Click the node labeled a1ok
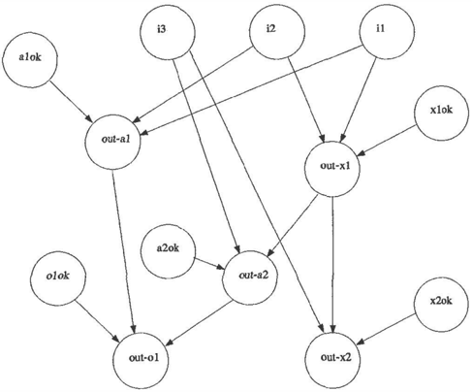click(x=30, y=60)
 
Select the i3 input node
click(x=168, y=31)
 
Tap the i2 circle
click(x=277, y=31)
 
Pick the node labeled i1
click(x=387, y=31)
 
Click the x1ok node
click(x=441, y=113)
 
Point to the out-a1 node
click(x=112, y=142)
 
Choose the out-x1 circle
click(x=332, y=169)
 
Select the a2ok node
click(x=168, y=250)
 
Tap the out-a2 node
click(x=250, y=278)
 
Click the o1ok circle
click(x=58, y=278)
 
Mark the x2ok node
click(x=441, y=305)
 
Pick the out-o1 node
click(x=141, y=360)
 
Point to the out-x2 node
click(x=332, y=360)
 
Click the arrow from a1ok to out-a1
click(x=71, y=101)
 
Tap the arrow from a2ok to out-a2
click(x=208, y=264)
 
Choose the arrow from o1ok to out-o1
click(x=97, y=320)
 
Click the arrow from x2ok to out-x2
click(x=388, y=328)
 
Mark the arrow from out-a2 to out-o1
click(x=201, y=322)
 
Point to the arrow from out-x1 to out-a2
click(x=293, y=226)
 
